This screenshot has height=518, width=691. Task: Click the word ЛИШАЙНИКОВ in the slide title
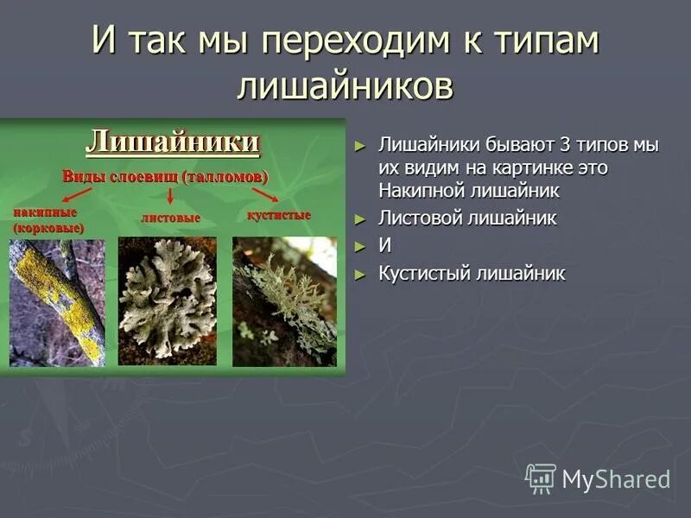tap(345, 87)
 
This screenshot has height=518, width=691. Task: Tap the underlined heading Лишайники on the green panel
tap(172, 141)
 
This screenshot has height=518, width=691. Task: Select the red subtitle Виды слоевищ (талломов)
tap(165, 176)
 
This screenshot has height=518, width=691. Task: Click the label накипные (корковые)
tap(48, 220)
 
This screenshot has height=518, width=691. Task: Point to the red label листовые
tap(171, 218)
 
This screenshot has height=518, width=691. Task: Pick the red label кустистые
tap(279, 214)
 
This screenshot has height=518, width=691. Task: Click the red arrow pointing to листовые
tap(170, 197)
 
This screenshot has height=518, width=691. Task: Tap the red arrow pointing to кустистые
tap(264, 194)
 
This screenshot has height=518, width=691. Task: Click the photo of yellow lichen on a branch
tap(57, 302)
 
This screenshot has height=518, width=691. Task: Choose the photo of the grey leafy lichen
tap(167, 300)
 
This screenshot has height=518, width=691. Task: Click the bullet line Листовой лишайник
tap(467, 218)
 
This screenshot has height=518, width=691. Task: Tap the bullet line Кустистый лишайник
tap(472, 275)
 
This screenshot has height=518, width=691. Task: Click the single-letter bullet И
tap(384, 246)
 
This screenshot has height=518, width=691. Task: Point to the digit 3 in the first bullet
tap(567, 146)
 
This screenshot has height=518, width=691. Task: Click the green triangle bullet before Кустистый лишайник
tap(360, 275)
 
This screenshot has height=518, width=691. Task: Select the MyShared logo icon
tap(540, 477)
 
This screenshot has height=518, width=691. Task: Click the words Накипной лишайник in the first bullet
tap(469, 190)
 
